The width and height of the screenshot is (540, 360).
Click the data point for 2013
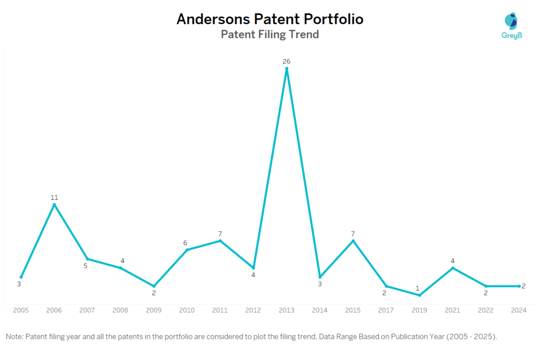click(x=286, y=69)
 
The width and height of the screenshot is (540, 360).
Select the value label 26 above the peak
click(x=286, y=62)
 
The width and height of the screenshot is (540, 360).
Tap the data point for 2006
click(x=54, y=205)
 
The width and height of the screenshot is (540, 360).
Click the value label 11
click(x=54, y=198)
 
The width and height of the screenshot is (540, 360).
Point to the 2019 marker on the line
click(x=419, y=295)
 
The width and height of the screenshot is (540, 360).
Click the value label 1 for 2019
click(x=417, y=288)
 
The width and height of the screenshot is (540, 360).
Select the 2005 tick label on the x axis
click(x=21, y=310)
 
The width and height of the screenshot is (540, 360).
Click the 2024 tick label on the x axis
click(x=519, y=310)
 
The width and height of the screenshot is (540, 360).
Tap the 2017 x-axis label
click(x=386, y=310)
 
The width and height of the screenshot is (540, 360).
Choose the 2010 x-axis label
click(x=187, y=310)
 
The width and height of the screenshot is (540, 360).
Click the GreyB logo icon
click(x=510, y=21)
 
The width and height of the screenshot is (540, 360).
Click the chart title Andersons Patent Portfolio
click(x=269, y=19)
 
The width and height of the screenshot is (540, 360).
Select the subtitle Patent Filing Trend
click(x=269, y=35)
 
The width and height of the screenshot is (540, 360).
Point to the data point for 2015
click(x=353, y=241)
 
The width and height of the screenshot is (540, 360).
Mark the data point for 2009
click(x=154, y=286)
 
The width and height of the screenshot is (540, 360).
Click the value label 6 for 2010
click(x=185, y=243)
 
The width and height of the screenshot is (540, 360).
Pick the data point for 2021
click(x=452, y=268)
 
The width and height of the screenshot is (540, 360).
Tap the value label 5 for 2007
click(x=85, y=266)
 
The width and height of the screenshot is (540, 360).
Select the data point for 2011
click(x=220, y=241)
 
